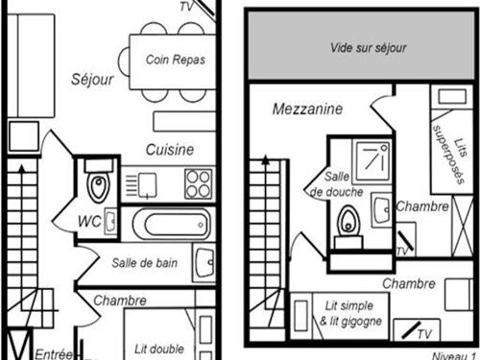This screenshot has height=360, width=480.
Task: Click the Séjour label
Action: coord(92,79)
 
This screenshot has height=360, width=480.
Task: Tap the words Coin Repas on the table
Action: coord(176,59)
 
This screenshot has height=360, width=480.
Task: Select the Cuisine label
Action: coord(170,150)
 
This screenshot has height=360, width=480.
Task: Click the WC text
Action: coord(90,222)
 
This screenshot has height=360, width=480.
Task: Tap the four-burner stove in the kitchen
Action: coord(197,181)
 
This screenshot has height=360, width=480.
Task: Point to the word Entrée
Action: coord(54,352)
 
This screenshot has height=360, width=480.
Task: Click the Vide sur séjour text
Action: coord(368,47)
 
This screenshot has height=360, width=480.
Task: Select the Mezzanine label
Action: coord(307,109)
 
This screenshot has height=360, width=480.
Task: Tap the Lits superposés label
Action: coord(446,148)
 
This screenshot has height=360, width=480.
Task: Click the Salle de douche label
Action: coord(337,184)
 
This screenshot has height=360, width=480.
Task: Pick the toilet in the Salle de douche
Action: coord(347,224)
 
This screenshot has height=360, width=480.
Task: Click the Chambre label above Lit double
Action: coord(120,300)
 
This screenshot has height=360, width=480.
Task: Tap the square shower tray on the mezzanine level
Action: coord(371,159)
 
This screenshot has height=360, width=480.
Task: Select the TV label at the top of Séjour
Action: coord(191,5)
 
